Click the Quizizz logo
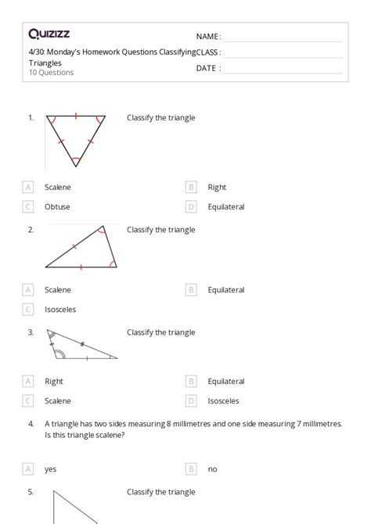tap(49, 34)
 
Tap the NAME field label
tap(208, 37)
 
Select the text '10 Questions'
tap(52, 73)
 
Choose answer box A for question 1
tap(28, 187)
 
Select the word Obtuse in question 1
tap(57, 207)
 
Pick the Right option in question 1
tap(217, 187)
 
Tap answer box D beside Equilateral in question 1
tap(191, 207)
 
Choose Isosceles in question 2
tap(60, 310)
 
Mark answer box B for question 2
tap(191, 290)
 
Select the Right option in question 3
tap(54, 382)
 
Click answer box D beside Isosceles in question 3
tap(191, 401)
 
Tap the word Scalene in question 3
tap(58, 401)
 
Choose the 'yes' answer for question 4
tap(51, 469)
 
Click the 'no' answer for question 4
tap(213, 469)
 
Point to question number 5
tap(31, 493)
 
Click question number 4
tap(31, 423)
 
